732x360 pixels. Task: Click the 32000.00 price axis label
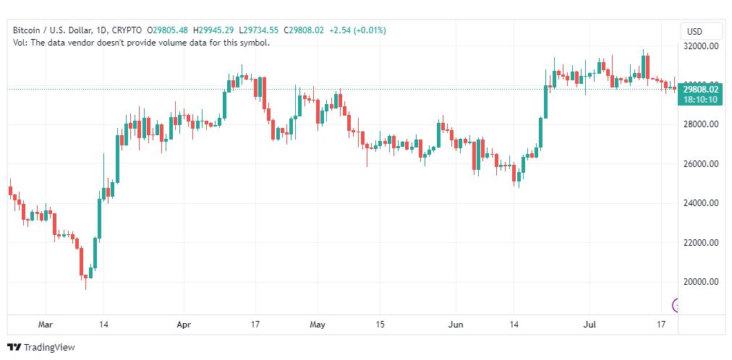tap(701, 46)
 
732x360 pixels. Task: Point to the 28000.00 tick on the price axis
tap(701, 124)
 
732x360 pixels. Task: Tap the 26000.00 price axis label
tap(701, 164)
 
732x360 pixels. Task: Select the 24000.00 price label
tap(701, 203)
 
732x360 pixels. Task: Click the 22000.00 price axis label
tap(701, 243)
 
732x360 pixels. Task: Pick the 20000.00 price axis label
tap(701, 282)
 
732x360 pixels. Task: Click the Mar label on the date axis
tap(46, 325)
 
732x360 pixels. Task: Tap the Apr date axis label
tap(184, 325)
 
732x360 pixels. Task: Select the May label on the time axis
tap(318, 325)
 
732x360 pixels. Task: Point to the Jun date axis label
tap(455, 325)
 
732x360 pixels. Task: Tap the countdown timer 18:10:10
tap(701, 99)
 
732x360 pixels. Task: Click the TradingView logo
tap(41, 348)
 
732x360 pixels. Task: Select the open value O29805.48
tap(168, 30)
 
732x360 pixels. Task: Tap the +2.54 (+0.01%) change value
tap(357, 30)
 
